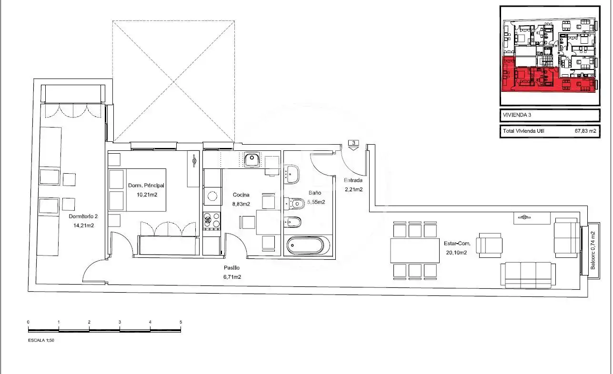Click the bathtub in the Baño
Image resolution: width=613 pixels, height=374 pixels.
click(305, 245)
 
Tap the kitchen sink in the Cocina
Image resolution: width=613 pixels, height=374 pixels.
click(252, 160)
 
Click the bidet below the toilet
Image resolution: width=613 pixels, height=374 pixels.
click(293, 222)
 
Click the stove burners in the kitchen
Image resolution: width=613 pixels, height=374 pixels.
click(212, 221)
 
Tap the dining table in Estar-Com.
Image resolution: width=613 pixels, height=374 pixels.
click(414, 250)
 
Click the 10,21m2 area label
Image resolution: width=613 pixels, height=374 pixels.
click(147, 195)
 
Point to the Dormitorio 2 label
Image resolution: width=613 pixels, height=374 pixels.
click(83, 216)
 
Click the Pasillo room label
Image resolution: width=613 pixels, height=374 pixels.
click(232, 267)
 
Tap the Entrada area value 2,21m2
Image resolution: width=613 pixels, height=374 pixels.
click(353, 189)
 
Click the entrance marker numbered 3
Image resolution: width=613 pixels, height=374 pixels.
click(353, 145)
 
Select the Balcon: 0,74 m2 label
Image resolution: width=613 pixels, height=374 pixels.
click(593, 250)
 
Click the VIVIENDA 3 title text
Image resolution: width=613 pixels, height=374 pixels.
click(517, 115)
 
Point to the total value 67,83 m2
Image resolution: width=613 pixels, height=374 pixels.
click(585, 131)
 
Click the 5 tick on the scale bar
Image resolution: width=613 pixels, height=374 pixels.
click(181, 322)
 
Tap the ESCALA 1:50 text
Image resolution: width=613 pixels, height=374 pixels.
click(41, 340)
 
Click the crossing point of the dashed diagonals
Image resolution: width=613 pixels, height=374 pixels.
click(173, 81)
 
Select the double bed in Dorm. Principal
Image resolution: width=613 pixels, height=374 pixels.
click(137, 190)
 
